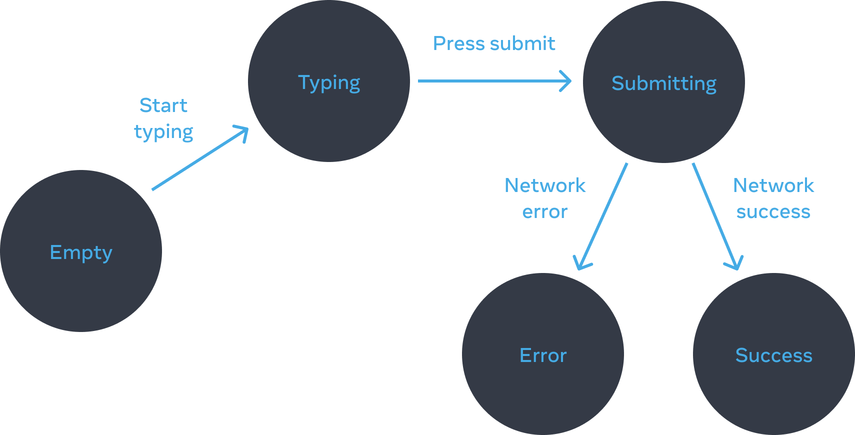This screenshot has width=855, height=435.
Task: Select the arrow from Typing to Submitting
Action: (492, 80)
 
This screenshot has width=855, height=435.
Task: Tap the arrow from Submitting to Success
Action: (715, 215)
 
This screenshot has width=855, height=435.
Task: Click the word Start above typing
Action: (163, 105)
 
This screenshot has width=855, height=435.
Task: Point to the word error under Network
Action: (544, 212)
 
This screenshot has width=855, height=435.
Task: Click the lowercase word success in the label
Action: (773, 212)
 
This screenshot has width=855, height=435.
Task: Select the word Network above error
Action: (544, 185)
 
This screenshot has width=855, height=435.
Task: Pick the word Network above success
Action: (773, 185)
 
